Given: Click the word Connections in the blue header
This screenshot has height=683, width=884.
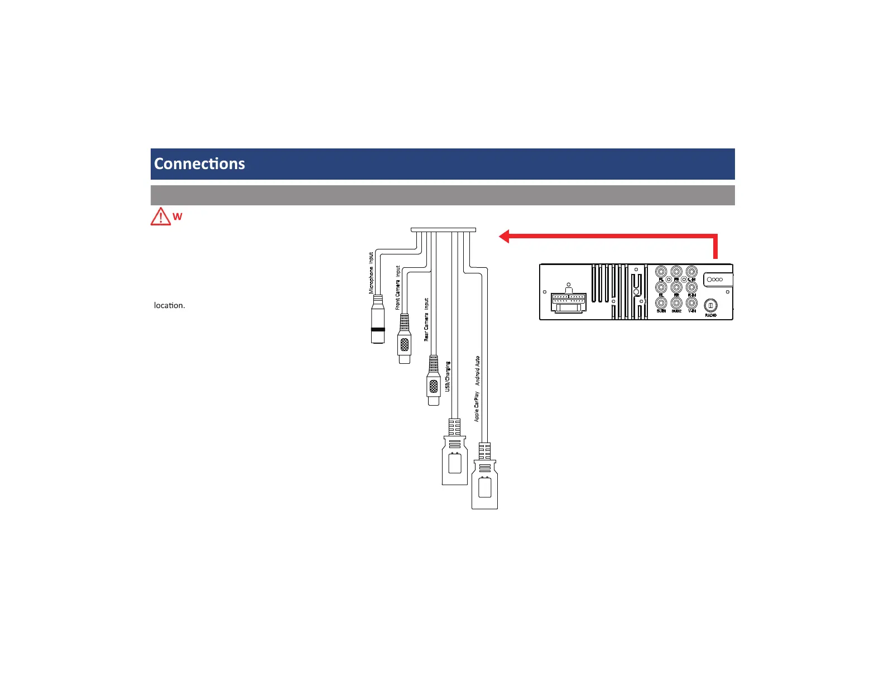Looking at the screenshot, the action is click(x=199, y=163).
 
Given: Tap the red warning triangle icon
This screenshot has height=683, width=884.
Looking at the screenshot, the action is click(x=161, y=216).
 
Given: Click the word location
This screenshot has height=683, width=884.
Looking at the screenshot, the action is click(x=169, y=305).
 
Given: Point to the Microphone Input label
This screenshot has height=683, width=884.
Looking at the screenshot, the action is click(x=371, y=273).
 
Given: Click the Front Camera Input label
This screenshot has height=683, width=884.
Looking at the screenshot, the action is click(x=398, y=287).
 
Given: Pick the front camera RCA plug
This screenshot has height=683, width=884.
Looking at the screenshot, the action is click(x=405, y=339).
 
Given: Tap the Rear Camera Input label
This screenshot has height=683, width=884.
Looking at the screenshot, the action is click(x=426, y=319).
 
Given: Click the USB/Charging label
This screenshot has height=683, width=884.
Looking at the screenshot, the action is click(x=448, y=377).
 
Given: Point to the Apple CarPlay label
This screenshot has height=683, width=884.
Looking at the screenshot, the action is click(x=477, y=406).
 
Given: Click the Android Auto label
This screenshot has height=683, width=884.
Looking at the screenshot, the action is click(x=477, y=371).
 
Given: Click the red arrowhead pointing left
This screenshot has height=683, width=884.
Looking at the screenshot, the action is click(x=504, y=237).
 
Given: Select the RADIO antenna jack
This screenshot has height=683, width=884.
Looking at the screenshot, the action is click(x=710, y=306).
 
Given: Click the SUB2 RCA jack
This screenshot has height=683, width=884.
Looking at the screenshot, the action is click(x=676, y=303).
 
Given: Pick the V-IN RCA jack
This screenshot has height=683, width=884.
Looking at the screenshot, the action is click(x=691, y=303).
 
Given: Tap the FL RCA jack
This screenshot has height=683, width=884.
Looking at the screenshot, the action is click(x=661, y=272).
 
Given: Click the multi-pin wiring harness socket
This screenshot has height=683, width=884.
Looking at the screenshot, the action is click(x=568, y=301).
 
